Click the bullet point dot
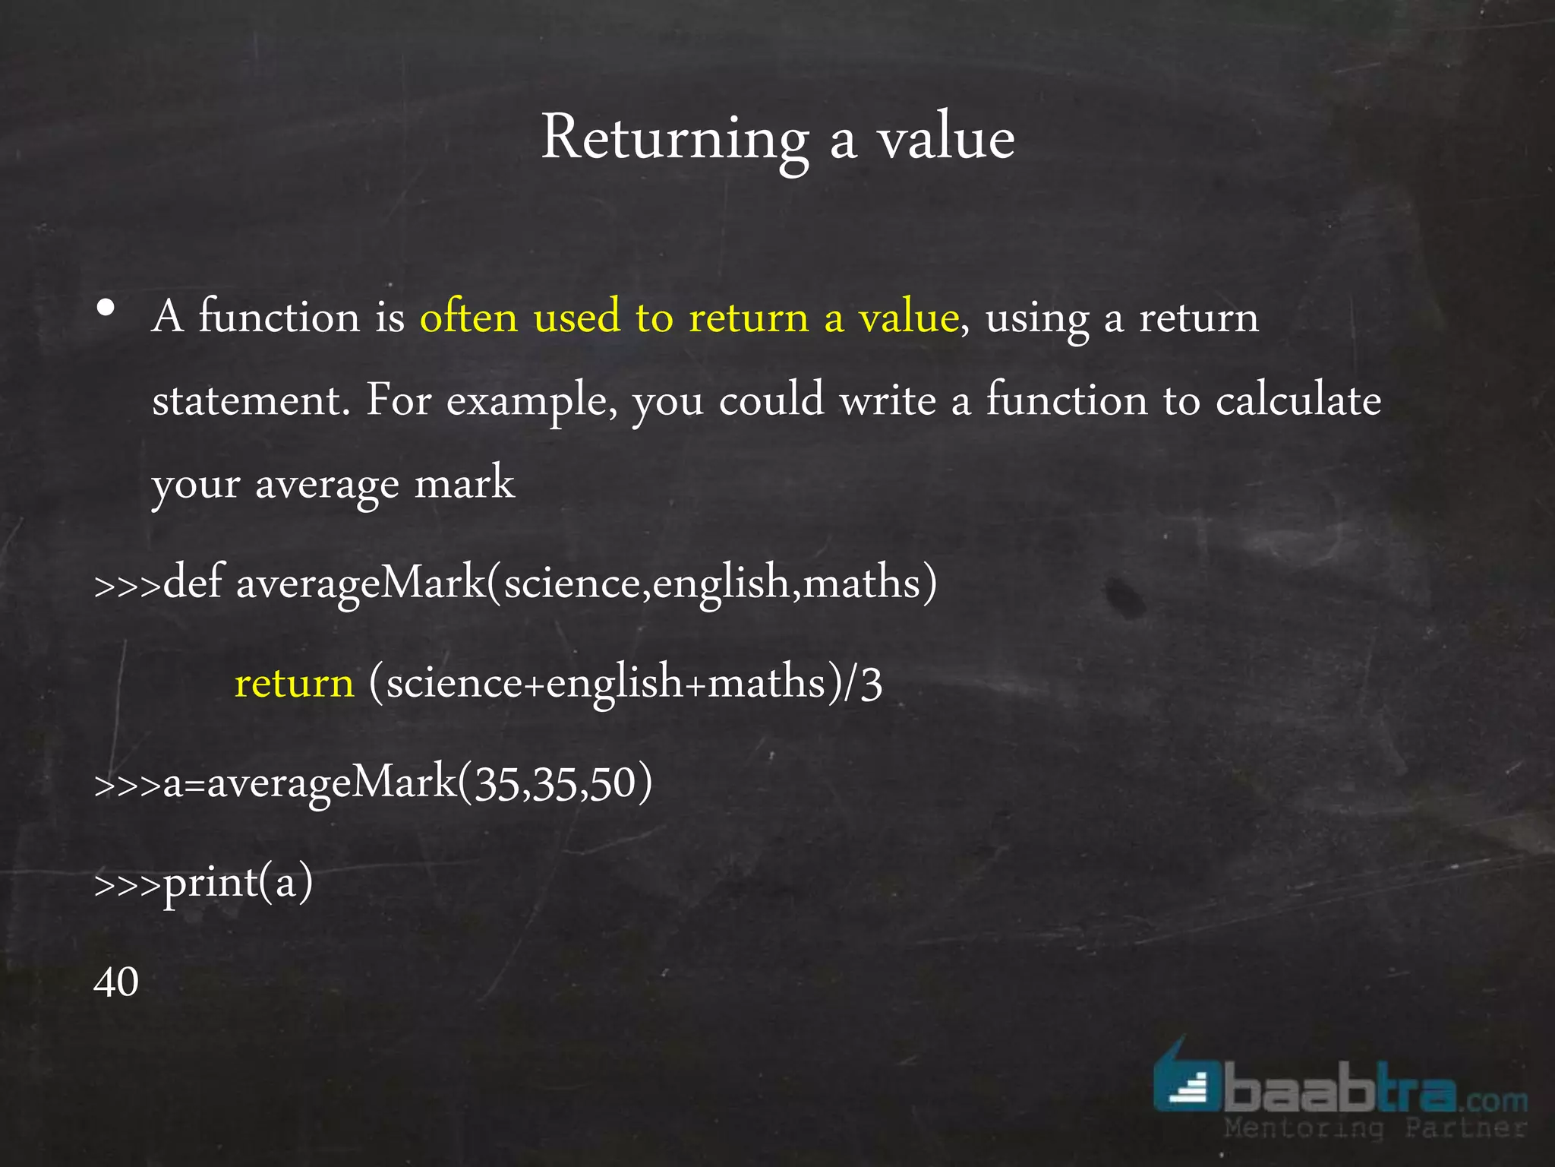click(106, 308)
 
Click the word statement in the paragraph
click(250, 400)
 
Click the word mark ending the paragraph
click(465, 483)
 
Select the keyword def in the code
click(194, 583)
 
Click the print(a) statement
click(238, 883)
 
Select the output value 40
click(116, 982)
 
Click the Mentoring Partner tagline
click(1374, 1128)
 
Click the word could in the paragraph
click(771, 400)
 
